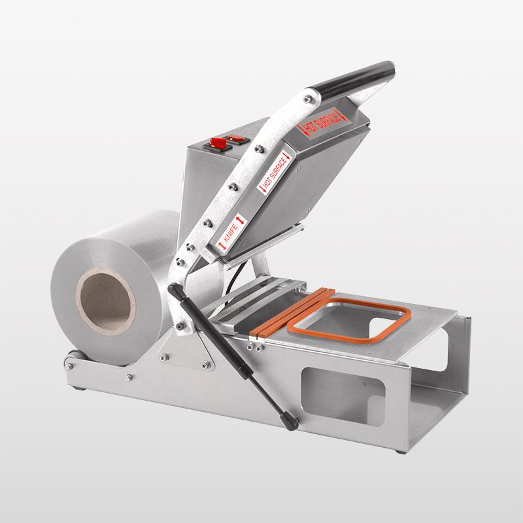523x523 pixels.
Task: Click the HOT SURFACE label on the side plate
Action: click(275, 172)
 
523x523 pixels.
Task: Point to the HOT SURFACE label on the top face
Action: click(321, 123)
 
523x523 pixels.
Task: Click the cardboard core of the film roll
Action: click(105, 301)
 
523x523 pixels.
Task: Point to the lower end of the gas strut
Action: click(291, 422)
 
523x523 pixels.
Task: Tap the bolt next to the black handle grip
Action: click(306, 99)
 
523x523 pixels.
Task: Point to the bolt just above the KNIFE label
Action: click(208, 222)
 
